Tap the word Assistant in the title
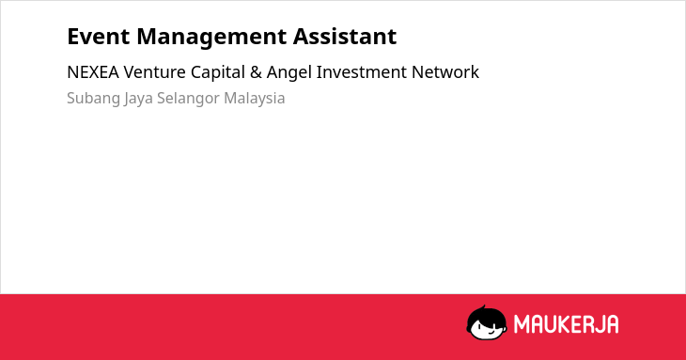[x=345, y=37]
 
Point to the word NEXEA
[x=93, y=72]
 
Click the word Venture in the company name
[x=154, y=72]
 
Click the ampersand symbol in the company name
[x=256, y=72]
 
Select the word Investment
[x=362, y=72]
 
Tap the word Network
[x=445, y=72]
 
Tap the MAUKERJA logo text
[x=566, y=324]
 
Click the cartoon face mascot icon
[x=487, y=323]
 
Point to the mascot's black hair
[x=486, y=315]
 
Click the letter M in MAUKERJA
[x=521, y=324]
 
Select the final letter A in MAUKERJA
[x=612, y=324]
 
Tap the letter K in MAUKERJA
[x=565, y=324]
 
